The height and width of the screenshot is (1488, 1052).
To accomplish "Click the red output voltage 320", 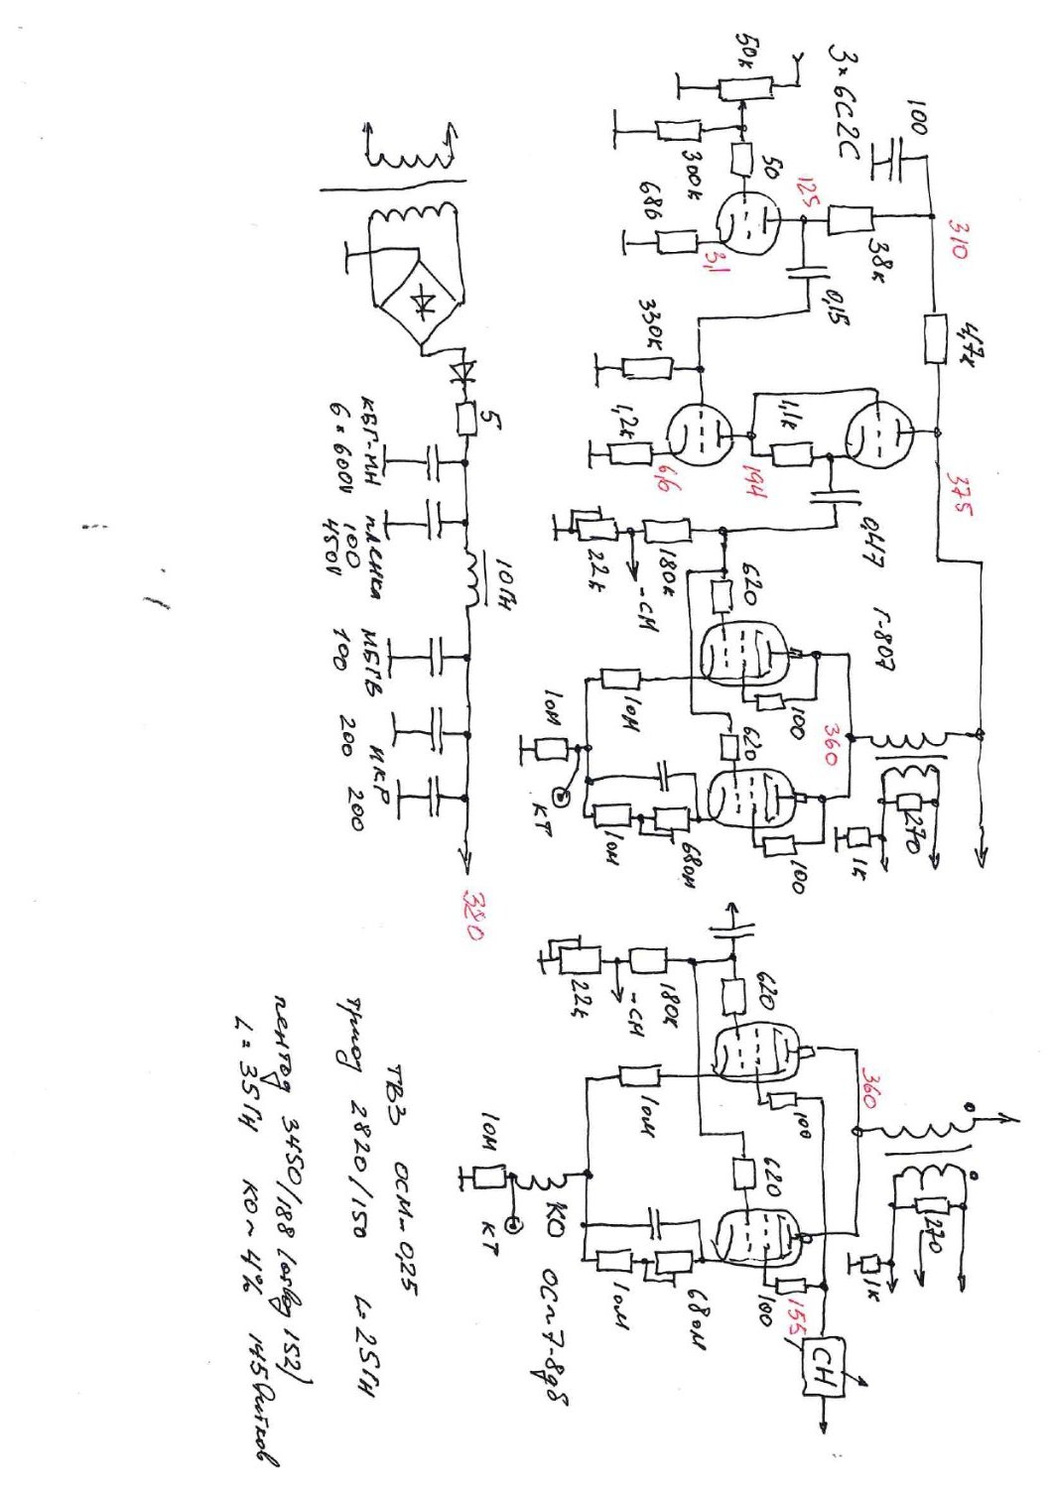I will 474,920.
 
